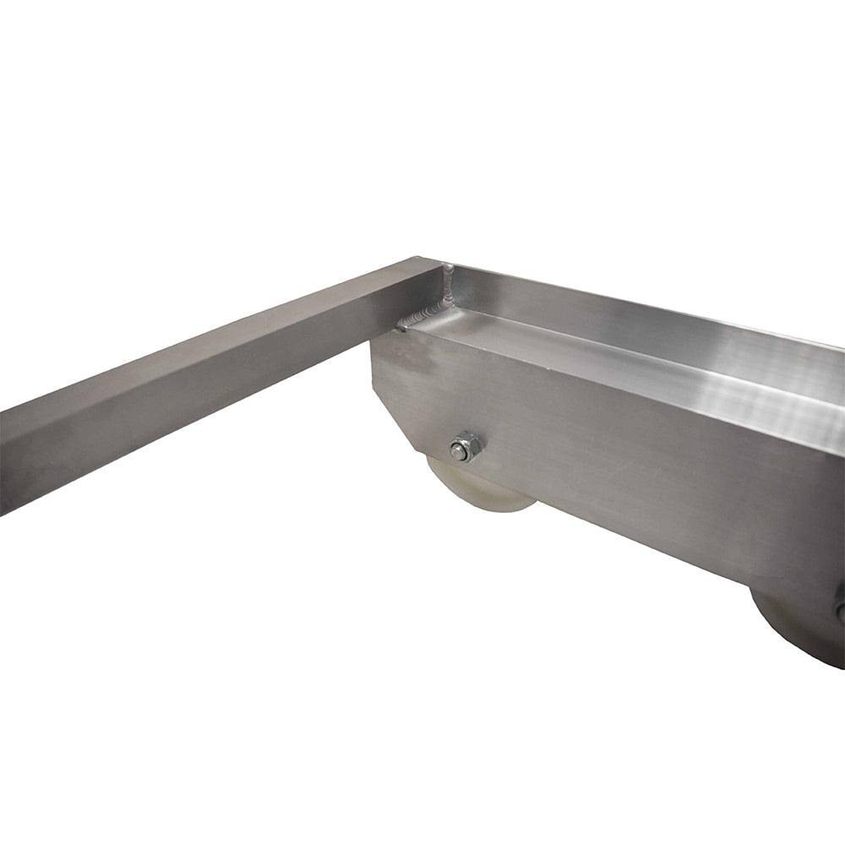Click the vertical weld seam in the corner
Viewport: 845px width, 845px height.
448,287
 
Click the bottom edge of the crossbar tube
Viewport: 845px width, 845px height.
169,456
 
